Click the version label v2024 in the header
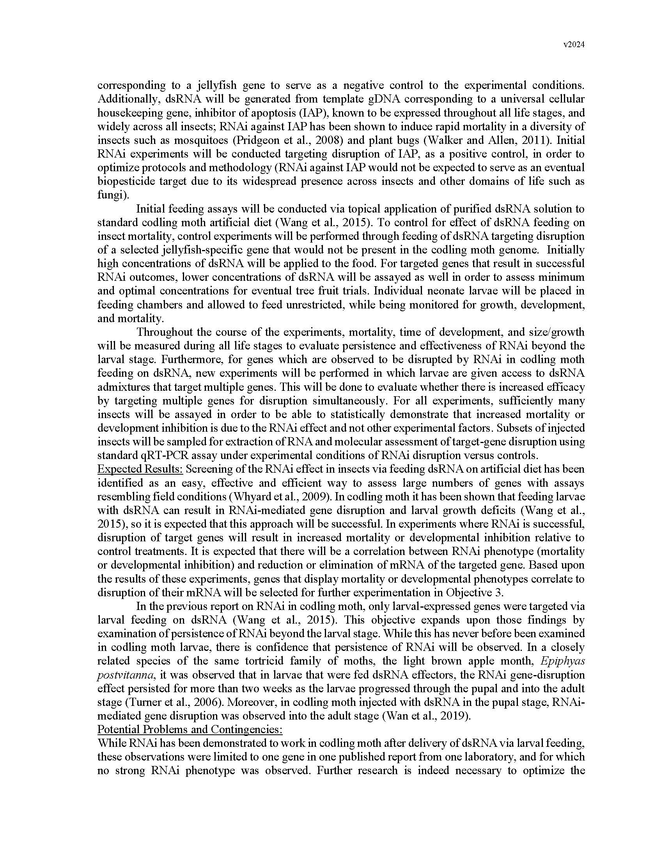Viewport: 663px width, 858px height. click(574, 45)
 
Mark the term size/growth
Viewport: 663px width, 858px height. click(554, 332)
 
